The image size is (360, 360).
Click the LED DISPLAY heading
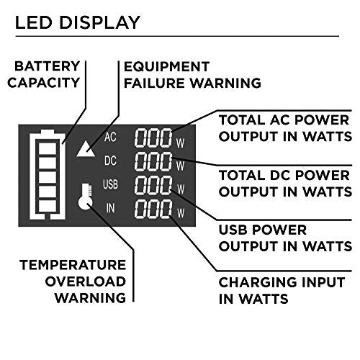78,22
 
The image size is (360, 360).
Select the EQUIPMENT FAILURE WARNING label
192,74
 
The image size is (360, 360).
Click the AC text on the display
110,137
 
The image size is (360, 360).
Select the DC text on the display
110,160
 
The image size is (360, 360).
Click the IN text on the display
110,209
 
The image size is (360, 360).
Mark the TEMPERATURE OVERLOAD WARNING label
73,281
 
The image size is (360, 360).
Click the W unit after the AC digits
180,142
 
